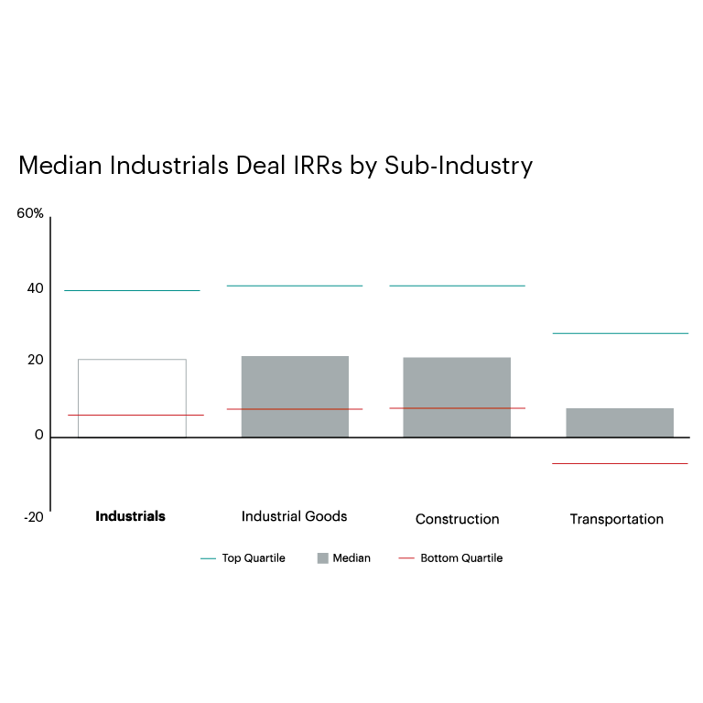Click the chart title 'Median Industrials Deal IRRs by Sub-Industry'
[x=275, y=167]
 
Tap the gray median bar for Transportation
[x=620, y=422]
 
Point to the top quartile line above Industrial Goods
[x=294, y=286]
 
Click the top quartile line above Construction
[x=457, y=286]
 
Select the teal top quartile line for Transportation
[x=620, y=333]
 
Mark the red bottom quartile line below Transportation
[x=620, y=463]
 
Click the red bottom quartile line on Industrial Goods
[x=294, y=409]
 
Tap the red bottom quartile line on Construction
[x=457, y=408]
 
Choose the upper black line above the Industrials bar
[x=132, y=290]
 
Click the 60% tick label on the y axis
[x=30, y=213]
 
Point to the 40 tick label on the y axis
[x=35, y=288]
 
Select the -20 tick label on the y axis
[x=33, y=517]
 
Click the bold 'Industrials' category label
[x=131, y=516]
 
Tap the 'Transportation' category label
[x=616, y=519]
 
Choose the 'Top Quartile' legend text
[x=254, y=558]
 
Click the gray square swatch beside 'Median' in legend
[x=322, y=558]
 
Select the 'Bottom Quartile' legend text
[x=461, y=558]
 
